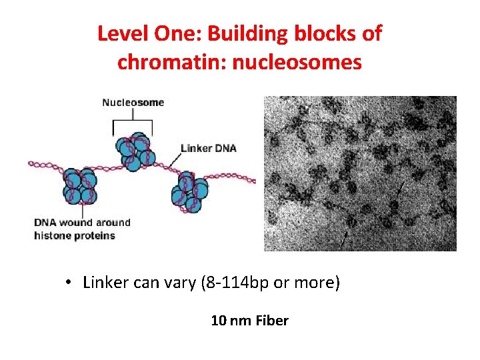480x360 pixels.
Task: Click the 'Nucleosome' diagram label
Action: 133,103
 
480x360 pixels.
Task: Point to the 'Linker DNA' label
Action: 209,147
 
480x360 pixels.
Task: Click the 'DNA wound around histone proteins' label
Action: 82,229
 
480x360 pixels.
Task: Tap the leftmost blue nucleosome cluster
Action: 80,186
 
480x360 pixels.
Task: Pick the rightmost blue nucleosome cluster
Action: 191,193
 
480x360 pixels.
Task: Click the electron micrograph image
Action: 360,173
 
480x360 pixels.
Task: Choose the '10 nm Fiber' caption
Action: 249,321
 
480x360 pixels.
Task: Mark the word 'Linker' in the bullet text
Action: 103,283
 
